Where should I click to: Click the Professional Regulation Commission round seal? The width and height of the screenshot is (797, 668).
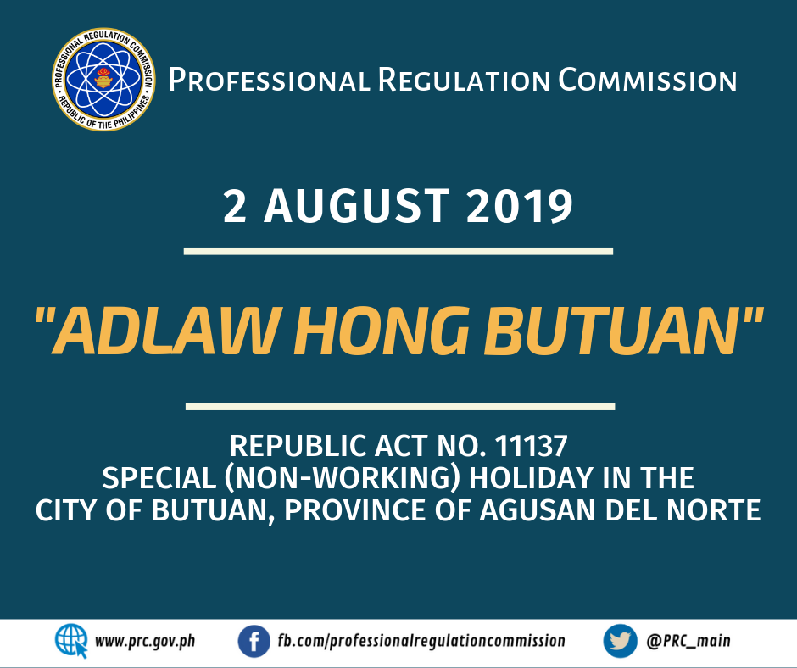click(x=103, y=80)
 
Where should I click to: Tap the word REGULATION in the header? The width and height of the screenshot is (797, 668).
click(x=464, y=81)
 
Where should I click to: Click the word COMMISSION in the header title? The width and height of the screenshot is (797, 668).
click(x=648, y=81)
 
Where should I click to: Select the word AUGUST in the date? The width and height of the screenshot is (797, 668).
click(x=356, y=206)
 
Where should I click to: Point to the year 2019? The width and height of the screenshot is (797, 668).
click(x=519, y=206)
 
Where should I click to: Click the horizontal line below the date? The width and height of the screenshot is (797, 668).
click(x=398, y=251)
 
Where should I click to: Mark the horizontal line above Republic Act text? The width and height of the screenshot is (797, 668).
click(x=400, y=406)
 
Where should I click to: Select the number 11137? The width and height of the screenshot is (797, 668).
click(x=531, y=446)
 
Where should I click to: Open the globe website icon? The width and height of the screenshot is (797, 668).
click(x=71, y=641)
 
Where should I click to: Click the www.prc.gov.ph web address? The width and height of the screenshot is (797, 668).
click(x=145, y=641)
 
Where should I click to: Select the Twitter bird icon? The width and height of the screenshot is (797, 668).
click(x=620, y=641)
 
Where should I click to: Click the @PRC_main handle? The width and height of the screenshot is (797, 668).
click(x=688, y=641)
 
